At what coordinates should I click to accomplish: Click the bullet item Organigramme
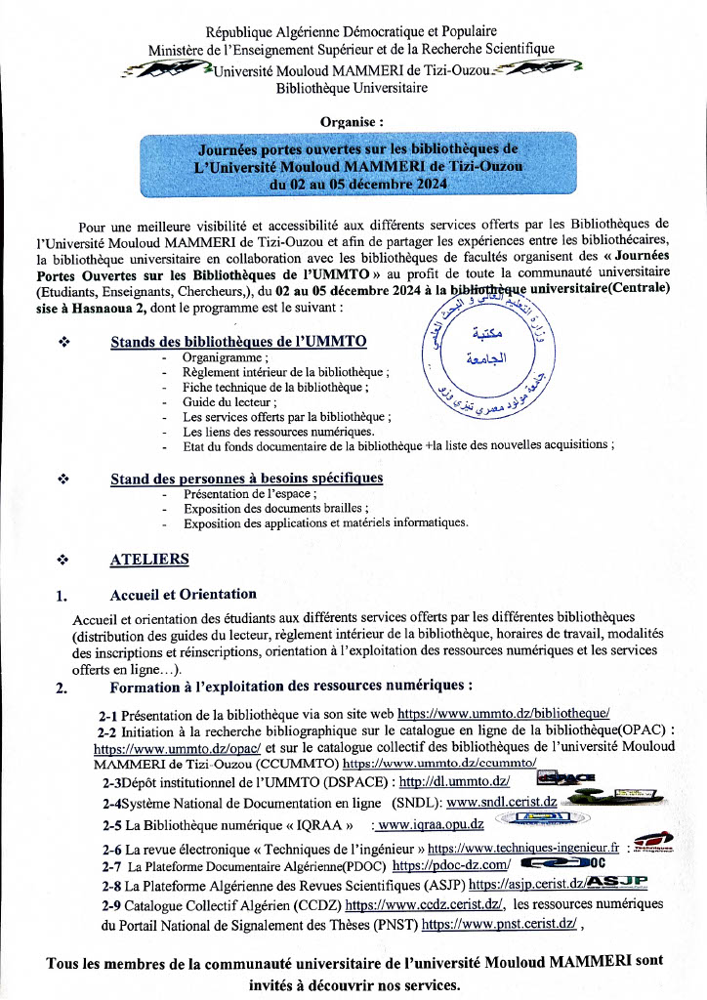(217, 357)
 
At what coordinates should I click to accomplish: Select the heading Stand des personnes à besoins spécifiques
(246, 478)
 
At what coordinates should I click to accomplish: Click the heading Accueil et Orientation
(184, 594)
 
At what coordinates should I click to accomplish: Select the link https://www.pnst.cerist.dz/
(501, 923)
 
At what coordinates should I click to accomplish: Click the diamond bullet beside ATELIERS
(62, 561)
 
